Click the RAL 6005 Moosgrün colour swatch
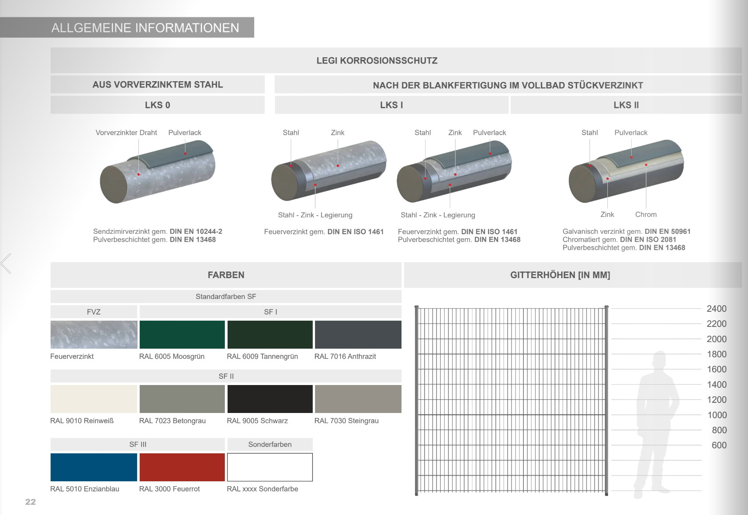pos(182,334)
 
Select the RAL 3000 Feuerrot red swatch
pos(182,467)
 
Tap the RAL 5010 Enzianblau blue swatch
pos(94,467)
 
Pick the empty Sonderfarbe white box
pos(270,467)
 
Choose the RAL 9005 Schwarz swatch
pos(270,399)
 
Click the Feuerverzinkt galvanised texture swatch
pos(94,334)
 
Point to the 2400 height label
pos(716,309)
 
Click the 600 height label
pos(719,445)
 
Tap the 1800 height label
pos(716,354)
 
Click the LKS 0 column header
pos(157,105)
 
